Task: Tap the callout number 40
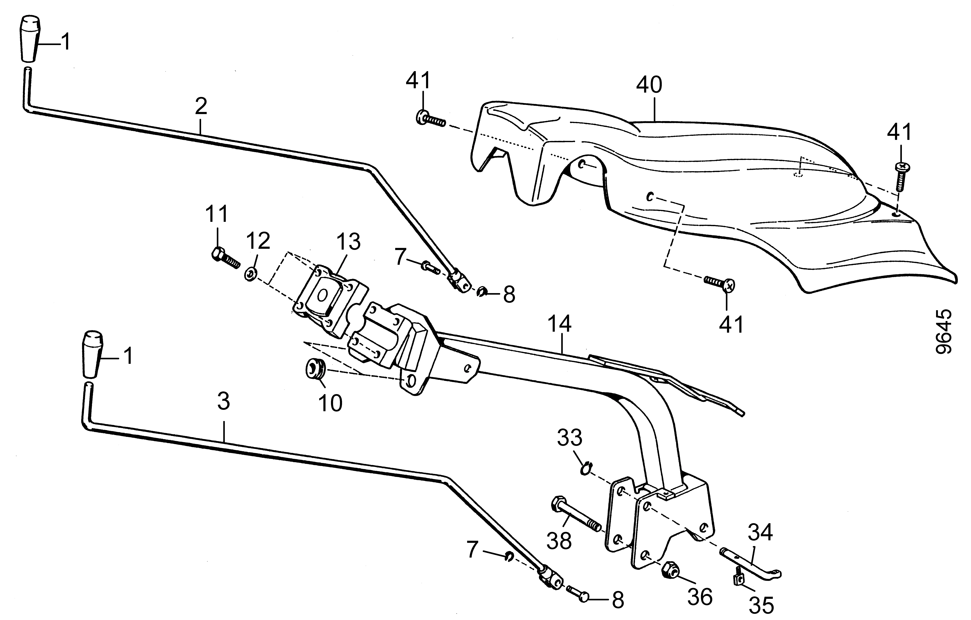click(x=649, y=85)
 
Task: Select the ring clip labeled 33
click(x=586, y=469)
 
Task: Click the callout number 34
click(x=760, y=532)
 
